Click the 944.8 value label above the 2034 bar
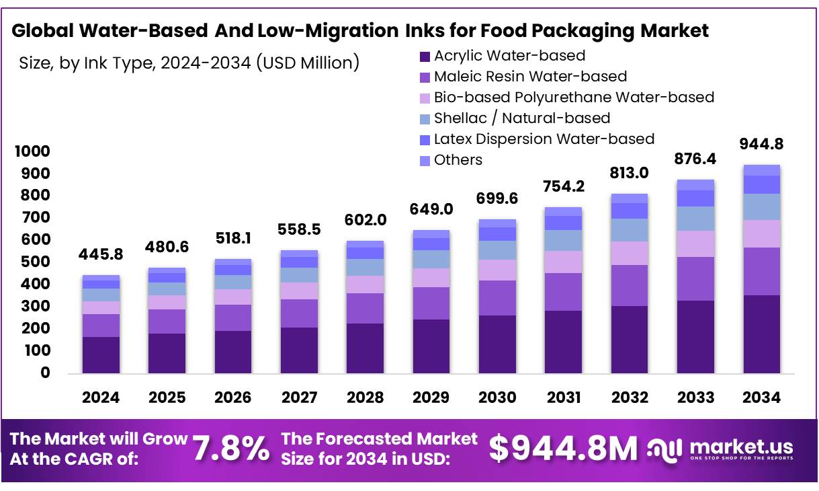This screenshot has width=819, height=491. point(761,144)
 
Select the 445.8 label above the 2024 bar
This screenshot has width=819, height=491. point(101,255)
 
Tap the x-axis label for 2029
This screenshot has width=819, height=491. point(431,398)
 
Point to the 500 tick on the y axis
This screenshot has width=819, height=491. point(36,262)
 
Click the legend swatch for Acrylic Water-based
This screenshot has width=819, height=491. point(425,56)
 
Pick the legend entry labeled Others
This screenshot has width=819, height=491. point(458,160)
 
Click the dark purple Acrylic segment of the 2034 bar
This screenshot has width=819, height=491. point(761,334)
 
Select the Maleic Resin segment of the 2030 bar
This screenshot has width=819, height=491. point(497,298)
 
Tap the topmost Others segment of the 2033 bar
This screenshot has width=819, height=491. point(695,185)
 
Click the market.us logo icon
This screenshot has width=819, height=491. point(665,449)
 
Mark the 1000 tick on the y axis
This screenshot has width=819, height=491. point(32,152)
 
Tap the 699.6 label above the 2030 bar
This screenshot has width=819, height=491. point(497,198)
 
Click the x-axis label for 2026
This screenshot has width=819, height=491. point(233,398)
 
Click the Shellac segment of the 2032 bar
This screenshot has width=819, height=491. point(630,230)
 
